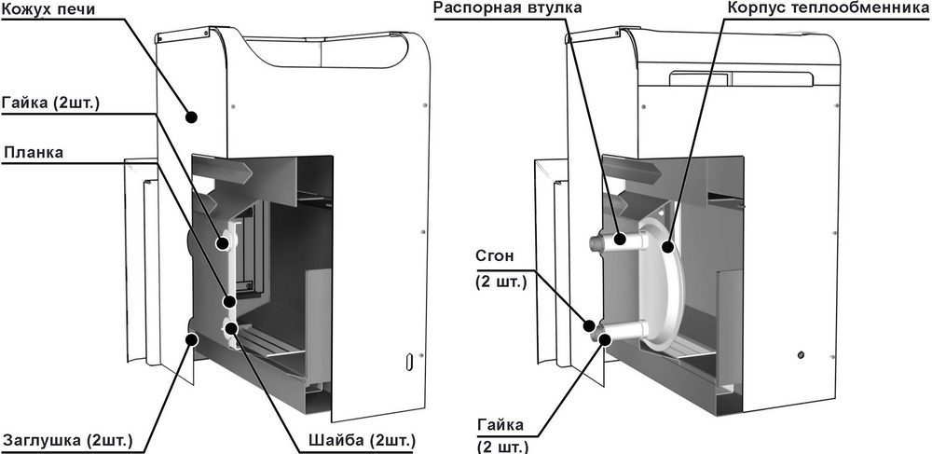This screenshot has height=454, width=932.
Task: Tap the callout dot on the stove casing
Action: tap(192, 117)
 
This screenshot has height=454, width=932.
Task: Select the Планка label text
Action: tap(34, 152)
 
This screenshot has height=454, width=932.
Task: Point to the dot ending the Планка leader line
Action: tap(229, 301)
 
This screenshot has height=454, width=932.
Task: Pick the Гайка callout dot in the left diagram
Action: tap(224, 243)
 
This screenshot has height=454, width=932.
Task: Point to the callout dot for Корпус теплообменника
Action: tap(668, 247)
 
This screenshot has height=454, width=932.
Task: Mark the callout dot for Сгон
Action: tap(591, 325)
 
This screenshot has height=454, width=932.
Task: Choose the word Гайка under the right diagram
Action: tap(502, 426)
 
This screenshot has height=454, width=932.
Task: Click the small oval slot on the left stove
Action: tap(408, 359)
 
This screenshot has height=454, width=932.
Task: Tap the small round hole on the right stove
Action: tap(800, 354)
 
